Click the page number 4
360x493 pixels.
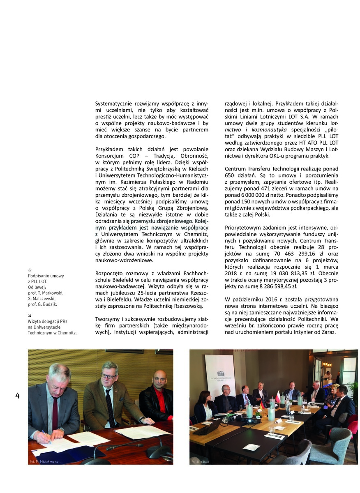point(17,396)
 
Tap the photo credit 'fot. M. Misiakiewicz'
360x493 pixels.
point(44,461)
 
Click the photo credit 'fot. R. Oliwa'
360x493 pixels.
point(200,462)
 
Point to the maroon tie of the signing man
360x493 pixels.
point(55,413)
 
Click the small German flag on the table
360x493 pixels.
point(261,405)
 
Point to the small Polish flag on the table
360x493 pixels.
point(278,396)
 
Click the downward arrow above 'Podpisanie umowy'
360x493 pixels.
point(30,270)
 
